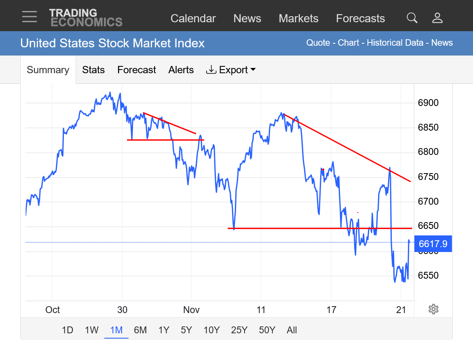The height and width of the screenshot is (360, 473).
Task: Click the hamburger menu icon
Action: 30,17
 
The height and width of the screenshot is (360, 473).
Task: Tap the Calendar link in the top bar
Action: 193,19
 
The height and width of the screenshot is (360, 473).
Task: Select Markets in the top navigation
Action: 298,19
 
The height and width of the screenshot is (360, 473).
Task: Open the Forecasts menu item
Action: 360,19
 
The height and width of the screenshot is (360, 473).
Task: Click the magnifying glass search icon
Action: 412,18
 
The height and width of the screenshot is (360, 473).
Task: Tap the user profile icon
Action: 437,18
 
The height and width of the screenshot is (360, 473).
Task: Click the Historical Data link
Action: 395,43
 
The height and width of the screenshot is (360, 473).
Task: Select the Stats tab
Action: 93,70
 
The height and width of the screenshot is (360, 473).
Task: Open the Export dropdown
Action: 231,70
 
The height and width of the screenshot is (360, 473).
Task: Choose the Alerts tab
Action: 181,70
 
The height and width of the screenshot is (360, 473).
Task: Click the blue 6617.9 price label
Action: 433,244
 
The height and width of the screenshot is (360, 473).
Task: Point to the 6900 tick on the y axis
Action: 428,103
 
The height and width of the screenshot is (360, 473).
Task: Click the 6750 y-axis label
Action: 428,177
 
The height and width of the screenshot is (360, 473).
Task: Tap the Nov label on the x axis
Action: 192,310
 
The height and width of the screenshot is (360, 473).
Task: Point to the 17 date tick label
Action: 331,310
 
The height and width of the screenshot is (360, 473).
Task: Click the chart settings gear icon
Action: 433,309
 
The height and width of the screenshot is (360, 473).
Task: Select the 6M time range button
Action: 140,330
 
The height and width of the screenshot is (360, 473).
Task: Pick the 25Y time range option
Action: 239,330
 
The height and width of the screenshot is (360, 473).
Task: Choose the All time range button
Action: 292,330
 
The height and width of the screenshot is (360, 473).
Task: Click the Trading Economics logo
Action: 86,17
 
